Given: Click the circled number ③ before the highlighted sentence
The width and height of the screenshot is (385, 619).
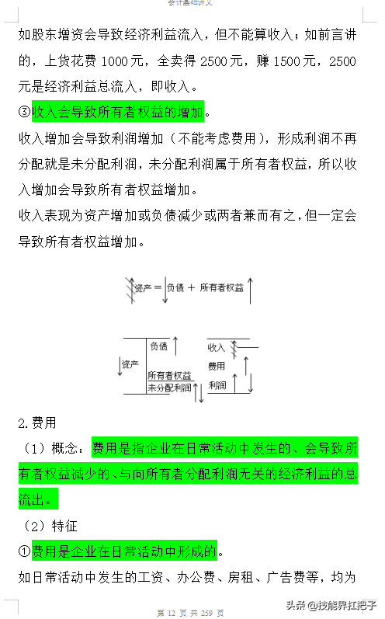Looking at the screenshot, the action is tap(24, 114).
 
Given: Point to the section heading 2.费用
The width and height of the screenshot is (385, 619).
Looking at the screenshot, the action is tap(37, 423).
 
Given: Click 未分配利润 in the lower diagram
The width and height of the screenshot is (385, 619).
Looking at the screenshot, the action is tap(169, 387).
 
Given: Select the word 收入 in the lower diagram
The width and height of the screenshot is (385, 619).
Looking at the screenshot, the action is tap(216, 346).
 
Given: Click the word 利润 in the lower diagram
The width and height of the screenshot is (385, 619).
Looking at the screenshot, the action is tap(217, 384).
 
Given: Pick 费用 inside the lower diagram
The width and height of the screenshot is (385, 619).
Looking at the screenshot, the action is tap(217, 365).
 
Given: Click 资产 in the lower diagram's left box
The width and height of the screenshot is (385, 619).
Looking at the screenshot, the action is tap(130, 364).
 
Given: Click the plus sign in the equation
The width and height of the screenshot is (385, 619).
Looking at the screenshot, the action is tap(191, 287).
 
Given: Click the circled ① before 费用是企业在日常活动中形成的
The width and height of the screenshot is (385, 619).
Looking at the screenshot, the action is tap(24, 551).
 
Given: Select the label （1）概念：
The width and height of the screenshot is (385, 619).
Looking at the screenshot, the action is tap(54, 449).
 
